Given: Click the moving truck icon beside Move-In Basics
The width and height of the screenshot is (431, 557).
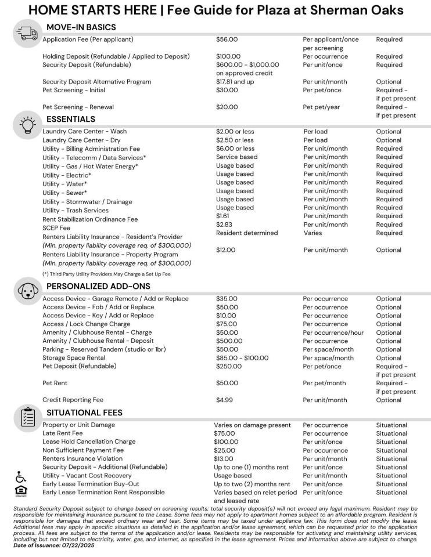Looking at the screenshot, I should click(x=27, y=34).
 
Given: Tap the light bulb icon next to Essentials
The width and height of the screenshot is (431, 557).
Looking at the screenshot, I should click(x=27, y=125).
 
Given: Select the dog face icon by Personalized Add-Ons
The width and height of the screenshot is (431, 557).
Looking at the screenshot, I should click(x=27, y=291).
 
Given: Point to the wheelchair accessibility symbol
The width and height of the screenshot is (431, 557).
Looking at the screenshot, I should click(x=21, y=477).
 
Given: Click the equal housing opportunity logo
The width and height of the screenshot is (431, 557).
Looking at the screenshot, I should click(x=21, y=491).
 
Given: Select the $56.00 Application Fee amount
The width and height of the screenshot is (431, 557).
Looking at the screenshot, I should click(x=227, y=39).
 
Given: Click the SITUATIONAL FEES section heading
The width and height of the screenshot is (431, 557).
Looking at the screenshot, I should click(x=84, y=413).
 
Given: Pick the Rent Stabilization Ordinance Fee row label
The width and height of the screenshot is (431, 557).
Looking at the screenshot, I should click(x=90, y=219).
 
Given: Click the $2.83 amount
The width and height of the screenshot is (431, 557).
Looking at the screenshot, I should click(x=224, y=225).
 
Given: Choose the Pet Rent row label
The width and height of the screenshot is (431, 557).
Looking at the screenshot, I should click(x=55, y=383).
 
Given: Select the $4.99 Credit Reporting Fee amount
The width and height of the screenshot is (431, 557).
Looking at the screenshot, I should click(x=224, y=400).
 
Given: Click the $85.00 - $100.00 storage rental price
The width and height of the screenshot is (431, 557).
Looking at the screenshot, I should click(x=242, y=358).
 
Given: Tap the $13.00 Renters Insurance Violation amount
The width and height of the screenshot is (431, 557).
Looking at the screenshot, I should click(x=226, y=458).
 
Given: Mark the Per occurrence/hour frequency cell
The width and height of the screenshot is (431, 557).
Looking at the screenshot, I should click(x=333, y=332).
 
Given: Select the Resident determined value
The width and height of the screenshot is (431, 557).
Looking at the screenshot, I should click(x=247, y=233).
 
